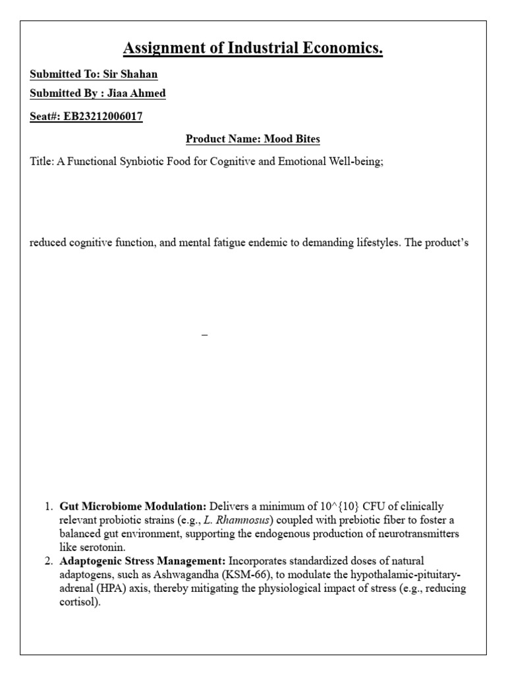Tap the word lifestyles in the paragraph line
point(372,243)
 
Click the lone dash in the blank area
point(204,336)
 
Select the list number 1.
point(48,506)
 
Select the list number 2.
point(48,560)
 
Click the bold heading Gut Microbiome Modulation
point(132,506)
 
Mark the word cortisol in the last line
point(78,601)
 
